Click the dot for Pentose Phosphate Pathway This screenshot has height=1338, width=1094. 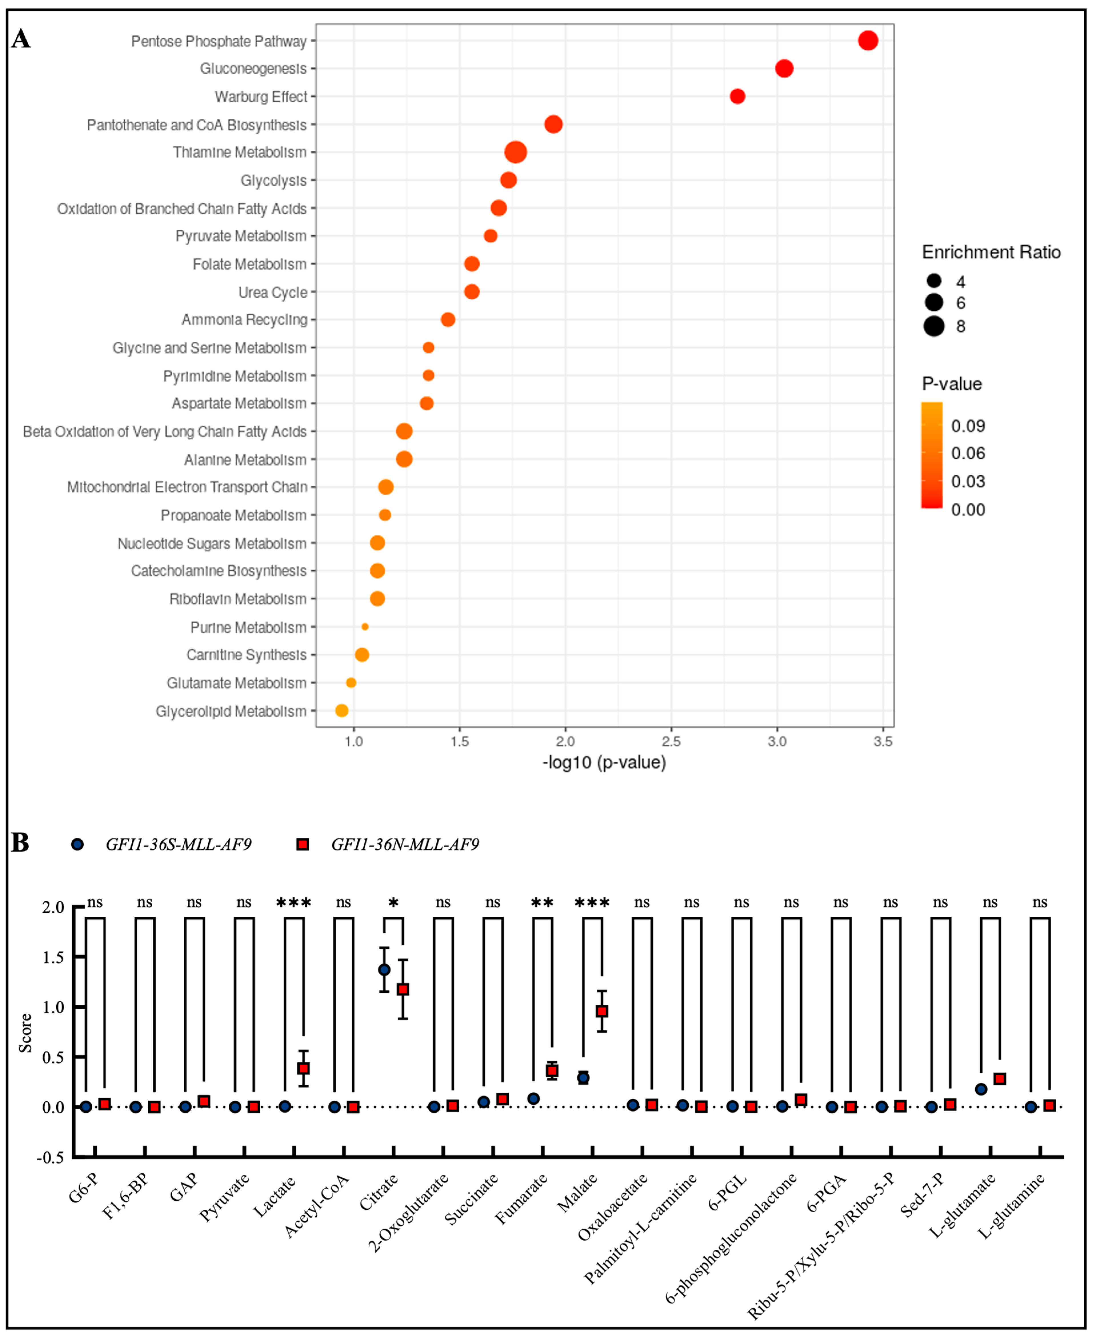click(x=868, y=41)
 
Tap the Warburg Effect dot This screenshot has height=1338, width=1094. click(x=737, y=97)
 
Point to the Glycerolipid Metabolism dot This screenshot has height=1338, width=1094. click(x=342, y=711)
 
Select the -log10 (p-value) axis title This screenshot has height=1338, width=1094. click(x=604, y=763)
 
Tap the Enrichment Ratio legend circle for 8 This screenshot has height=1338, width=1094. click(x=934, y=327)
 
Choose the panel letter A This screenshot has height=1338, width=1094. click(x=21, y=39)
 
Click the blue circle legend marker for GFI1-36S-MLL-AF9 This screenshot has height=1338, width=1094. click(x=77, y=844)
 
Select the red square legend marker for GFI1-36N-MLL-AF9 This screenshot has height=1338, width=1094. click(x=303, y=844)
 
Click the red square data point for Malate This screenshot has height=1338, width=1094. click(x=602, y=1011)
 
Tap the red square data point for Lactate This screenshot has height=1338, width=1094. click(x=303, y=1068)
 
